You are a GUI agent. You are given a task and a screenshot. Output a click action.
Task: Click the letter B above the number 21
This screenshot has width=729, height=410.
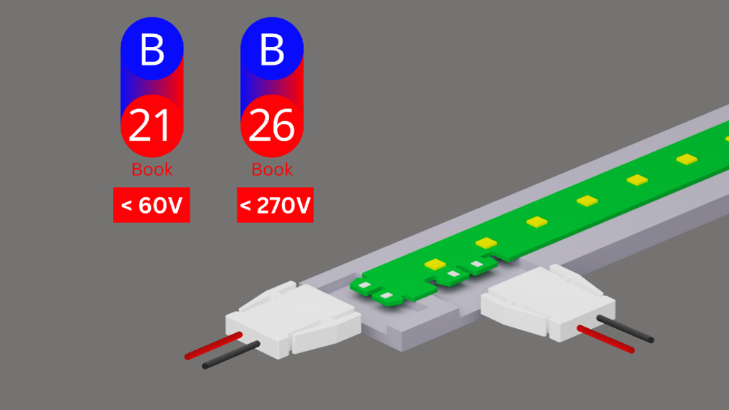[x=152, y=49]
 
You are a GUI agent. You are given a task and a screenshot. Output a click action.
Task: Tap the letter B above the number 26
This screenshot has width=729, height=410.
[x=272, y=49]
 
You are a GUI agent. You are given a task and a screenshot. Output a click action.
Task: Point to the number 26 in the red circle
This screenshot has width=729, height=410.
[x=272, y=126]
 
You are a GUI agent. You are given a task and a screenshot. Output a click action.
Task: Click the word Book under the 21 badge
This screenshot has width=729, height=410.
[x=152, y=169]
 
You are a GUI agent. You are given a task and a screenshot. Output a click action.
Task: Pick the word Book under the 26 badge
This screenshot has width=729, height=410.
[x=272, y=169]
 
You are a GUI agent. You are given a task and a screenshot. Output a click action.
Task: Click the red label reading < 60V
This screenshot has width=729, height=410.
[x=152, y=206]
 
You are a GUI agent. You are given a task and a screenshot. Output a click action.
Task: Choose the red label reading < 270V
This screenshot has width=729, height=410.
[x=275, y=206]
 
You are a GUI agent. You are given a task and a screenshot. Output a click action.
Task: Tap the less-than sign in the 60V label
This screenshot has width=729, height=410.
[x=127, y=206]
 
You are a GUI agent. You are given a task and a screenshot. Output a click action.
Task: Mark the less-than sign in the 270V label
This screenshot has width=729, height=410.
[x=246, y=206]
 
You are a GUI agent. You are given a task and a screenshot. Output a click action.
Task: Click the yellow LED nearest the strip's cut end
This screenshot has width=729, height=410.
[x=434, y=264]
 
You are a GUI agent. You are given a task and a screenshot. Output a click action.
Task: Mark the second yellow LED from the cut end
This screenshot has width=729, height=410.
[x=485, y=243]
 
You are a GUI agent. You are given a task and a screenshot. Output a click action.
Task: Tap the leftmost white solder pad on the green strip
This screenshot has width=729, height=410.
[x=364, y=285]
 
